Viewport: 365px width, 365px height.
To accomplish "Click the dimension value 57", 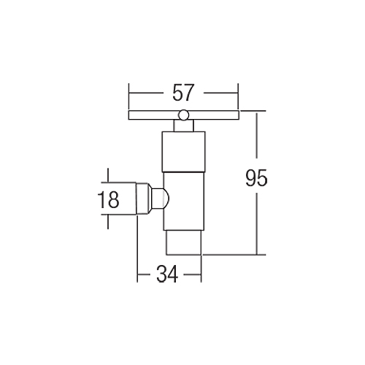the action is (x=183, y=93).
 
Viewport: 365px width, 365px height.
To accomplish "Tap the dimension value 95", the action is (x=256, y=178).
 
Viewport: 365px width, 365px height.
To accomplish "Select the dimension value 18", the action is (x=108, y=199).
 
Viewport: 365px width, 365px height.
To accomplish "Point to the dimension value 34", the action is (x=167, y=274).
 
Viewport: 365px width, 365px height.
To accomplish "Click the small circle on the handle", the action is (x=183, y=115).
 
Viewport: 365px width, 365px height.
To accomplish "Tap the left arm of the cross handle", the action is (x=153, y=115).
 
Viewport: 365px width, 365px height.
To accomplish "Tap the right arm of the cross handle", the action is (x=213, y=115).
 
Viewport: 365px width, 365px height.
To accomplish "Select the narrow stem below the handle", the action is (x=183, y=126).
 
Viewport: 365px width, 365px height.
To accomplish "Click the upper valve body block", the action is (x=184, y=152).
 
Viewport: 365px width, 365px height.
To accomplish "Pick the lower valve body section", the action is (x=184, y=201).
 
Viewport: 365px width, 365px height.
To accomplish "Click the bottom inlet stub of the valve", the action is (x=184, y=242).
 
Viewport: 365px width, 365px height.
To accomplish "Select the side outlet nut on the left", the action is (x=142, y=199).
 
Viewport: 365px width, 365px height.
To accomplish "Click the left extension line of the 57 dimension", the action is (x=128, y=96).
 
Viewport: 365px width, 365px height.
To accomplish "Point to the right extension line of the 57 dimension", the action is (x=238, y=96).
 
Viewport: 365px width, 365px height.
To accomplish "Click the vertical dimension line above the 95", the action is (x=256, y=136).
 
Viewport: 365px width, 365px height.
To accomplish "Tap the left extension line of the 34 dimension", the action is (x=137, y=248).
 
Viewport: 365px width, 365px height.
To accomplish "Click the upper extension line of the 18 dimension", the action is (x=118, y=182).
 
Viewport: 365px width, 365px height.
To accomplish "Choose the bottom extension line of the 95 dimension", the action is (x=234, y=255).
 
